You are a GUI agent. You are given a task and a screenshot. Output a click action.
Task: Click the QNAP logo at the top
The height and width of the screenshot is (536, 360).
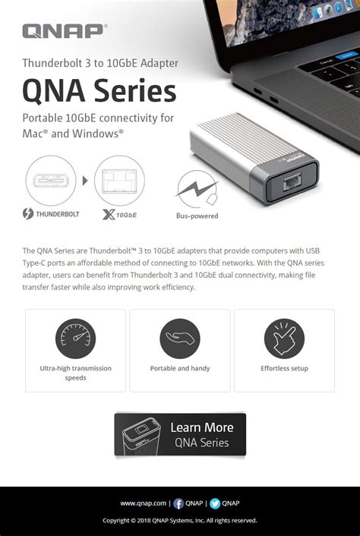pos(65,31)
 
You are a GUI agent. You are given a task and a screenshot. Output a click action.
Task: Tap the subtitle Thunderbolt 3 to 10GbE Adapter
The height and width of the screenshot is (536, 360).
pos(100,63)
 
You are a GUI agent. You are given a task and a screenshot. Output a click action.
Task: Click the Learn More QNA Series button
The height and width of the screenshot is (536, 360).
pos(180,434)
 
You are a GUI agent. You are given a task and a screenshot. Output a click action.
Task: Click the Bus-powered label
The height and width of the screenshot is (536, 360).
pos(197,216)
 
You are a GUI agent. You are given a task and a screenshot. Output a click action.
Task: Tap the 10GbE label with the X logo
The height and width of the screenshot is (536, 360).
pos(119,215)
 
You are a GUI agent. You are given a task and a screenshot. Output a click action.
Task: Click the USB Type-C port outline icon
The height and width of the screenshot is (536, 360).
pos(51,181)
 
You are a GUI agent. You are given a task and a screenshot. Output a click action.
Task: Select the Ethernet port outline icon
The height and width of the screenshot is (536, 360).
pos(119,181)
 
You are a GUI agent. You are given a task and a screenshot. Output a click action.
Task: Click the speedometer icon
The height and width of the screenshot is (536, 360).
pos(75,339)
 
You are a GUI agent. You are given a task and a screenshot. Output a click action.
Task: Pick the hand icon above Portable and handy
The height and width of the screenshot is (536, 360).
pos(180,339)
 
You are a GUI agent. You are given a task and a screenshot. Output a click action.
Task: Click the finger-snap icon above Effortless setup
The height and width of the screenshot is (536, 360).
pos(284,339)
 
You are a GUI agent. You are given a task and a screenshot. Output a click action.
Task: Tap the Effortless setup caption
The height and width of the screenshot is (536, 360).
pos(284,369)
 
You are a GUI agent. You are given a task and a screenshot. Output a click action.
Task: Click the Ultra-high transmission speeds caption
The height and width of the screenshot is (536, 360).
pos(75,373)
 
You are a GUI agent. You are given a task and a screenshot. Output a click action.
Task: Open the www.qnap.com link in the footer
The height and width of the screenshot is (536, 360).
pos(143,503)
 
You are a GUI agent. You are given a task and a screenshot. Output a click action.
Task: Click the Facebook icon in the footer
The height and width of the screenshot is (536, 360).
pos(178,503)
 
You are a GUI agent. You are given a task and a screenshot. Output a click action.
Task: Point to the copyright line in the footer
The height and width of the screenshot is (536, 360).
pos(180,521)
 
